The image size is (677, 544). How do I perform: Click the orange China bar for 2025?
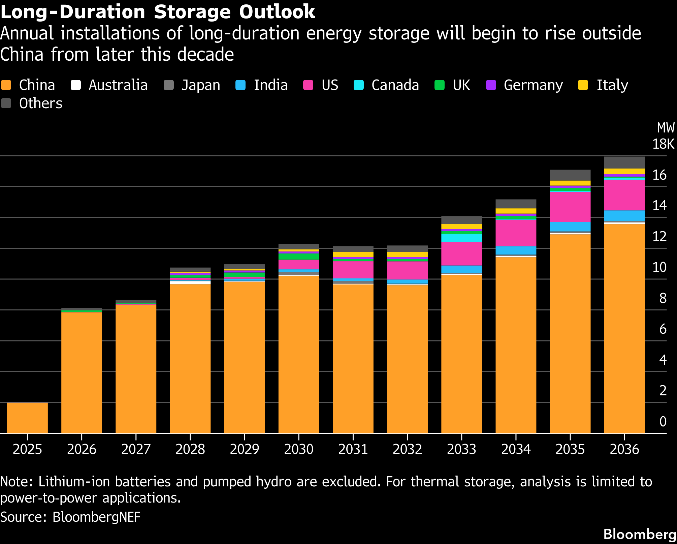tap(27, 418)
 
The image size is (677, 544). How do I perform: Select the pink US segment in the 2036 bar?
tap(624, 195)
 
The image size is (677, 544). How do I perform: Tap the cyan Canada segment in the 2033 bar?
tap(461, 238)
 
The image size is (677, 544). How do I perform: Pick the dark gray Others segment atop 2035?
tap(570, 175)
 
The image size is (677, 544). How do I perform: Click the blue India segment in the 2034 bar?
tap(516, 250)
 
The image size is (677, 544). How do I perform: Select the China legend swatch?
tap(6, 85)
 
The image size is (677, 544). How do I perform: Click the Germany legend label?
tap(533, 85)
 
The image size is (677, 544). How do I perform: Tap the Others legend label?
tap(41, 103)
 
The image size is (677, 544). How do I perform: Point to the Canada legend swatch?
tap(359, 85)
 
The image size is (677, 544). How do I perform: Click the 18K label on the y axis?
tap(663, 144)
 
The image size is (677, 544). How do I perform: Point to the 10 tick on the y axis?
tap(659, 267)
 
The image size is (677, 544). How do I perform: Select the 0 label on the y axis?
tap(663, 421)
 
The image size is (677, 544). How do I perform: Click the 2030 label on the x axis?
tap(299, 449)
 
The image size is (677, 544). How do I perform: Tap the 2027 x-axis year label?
tap(136, 449)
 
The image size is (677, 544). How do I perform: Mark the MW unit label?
tap(666, 128)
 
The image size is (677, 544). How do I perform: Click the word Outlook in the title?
tap(277, 11)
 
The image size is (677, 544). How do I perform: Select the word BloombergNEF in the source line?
tap(96, 517)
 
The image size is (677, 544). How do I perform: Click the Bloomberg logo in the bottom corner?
tap(640, 534)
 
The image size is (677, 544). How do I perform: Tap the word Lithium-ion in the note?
tap(74, 482)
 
